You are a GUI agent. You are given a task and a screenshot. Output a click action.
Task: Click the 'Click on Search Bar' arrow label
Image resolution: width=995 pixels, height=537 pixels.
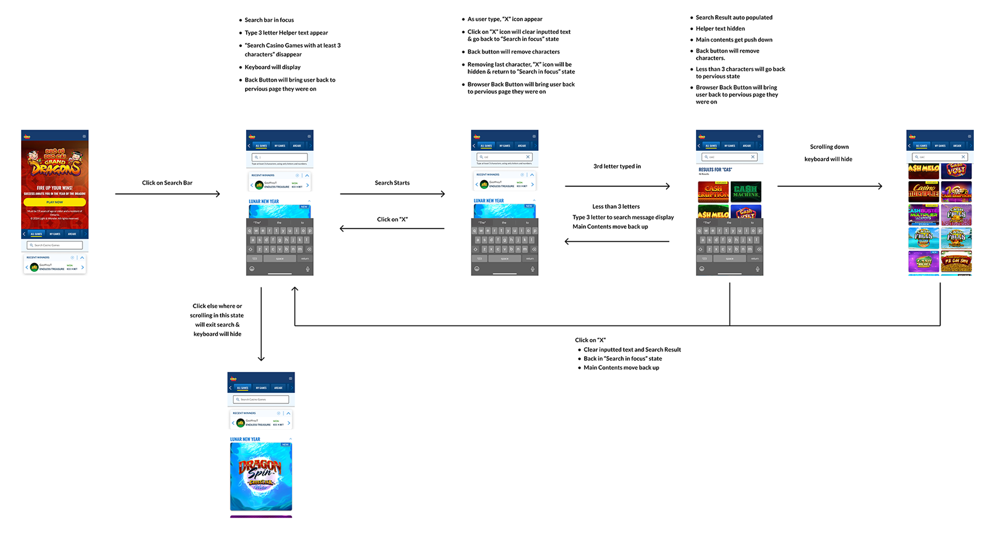click(167, 183)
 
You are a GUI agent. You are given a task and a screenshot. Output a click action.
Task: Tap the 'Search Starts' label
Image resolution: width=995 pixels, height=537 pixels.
click(392, 183)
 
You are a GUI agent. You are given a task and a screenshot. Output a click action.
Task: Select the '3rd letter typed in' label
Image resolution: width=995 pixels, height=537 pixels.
click(617, 166)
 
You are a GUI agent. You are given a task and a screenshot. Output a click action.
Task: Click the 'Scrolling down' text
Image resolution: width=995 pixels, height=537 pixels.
click(829, 147)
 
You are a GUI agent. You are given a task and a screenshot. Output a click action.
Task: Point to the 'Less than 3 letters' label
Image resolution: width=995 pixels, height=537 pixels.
click(616, 207)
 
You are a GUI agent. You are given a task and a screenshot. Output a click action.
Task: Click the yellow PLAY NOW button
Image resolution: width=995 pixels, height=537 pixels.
click(54, 202)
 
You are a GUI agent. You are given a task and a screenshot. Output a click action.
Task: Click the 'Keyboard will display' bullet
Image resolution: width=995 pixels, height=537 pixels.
click(272, 67)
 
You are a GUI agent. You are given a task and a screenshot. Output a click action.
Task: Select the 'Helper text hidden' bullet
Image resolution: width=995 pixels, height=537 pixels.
click(720, 28)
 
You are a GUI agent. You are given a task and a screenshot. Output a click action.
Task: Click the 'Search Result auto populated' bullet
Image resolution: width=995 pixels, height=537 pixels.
click(733, 18)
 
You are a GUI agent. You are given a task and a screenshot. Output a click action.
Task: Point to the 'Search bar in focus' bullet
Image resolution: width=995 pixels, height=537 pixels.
click(269, 20)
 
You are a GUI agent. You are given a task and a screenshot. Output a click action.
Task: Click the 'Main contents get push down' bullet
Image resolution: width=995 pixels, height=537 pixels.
click(733, 40)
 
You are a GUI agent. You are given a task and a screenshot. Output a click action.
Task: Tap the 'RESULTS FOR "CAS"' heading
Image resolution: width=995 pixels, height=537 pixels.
click(715, 170)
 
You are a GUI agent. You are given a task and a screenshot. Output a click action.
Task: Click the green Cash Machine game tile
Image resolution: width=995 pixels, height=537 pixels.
click(746, 192)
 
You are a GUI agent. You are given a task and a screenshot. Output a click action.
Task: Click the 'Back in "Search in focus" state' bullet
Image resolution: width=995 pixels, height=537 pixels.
click(622, 358)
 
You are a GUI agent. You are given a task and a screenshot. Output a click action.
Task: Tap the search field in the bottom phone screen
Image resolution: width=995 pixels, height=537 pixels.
click(261, 399)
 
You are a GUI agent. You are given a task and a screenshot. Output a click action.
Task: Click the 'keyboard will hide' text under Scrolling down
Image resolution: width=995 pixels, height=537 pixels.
click(828, 159)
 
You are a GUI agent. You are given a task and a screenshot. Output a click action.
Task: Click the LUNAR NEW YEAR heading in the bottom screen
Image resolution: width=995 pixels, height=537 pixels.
click(245, 439)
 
